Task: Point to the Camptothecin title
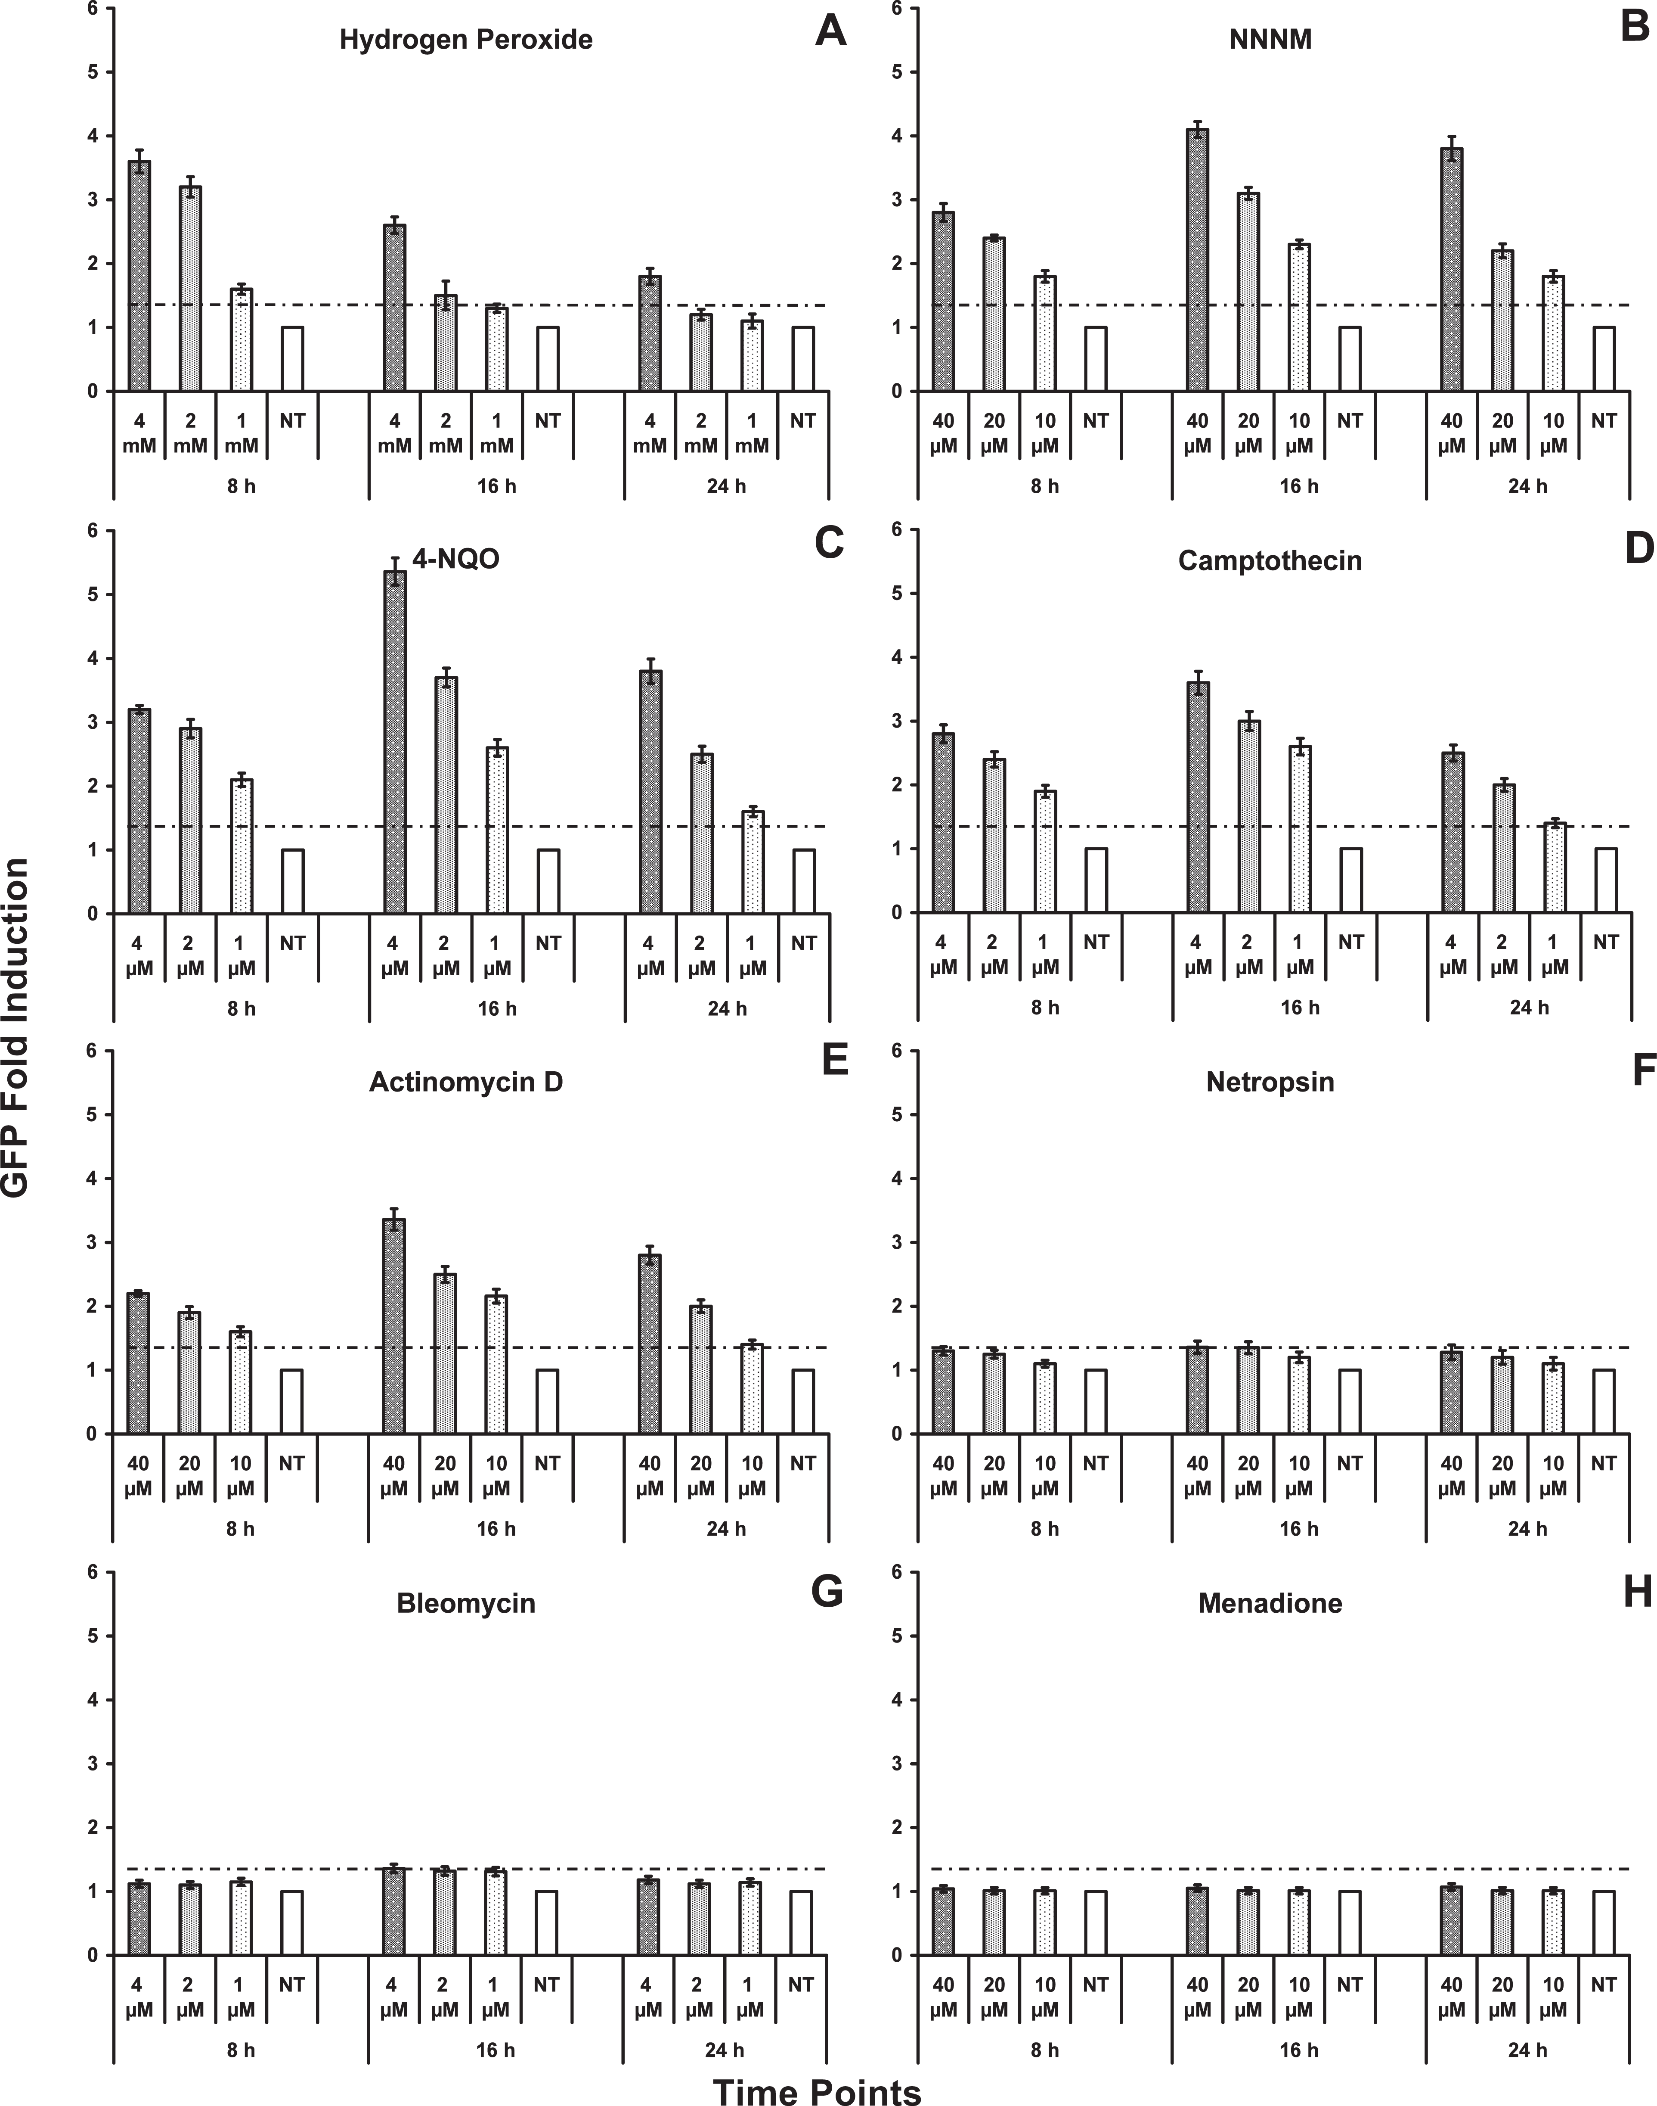(x=1270, y=561)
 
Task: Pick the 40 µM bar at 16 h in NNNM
(x=1197, y=260)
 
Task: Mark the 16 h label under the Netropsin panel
(x=1299, y=1528)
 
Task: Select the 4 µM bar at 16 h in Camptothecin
(x=1198, y=798)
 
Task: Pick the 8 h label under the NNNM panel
(x=1045, y=485)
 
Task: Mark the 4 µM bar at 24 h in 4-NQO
(x=650, y=792)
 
